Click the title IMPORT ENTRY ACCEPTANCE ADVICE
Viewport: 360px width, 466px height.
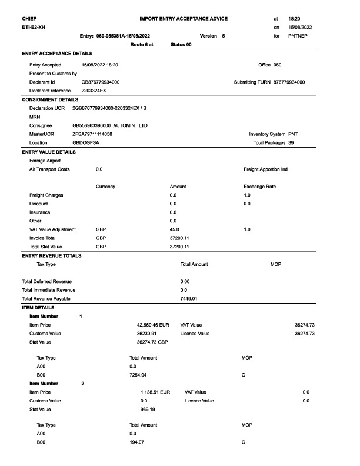pyautogui.click(x=184, y=19)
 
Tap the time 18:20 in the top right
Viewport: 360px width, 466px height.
pyautogui.click(x=295, y=19)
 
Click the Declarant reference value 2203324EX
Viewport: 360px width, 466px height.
pyautogui.click(x=94, y=91)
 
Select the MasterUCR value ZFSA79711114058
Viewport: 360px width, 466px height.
pyautogui.click(x=92, y=134)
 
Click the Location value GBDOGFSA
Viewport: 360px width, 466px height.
pyautogui.click(x=85, y=142)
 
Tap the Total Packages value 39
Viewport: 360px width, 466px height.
pyautogui.click(x=291, y=142)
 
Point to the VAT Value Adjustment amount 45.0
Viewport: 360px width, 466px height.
pyautogui.click(x=175, y=229)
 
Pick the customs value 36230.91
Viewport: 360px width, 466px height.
pyautogui.click(x=147, y=333)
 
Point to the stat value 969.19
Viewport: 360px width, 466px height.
pyautogui.click(x=148, y=408)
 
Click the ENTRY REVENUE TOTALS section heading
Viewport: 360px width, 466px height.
pyautogui.click(x=52, y=255)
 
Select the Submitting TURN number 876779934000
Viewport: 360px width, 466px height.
pyautogui.click(x=289, y=82)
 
